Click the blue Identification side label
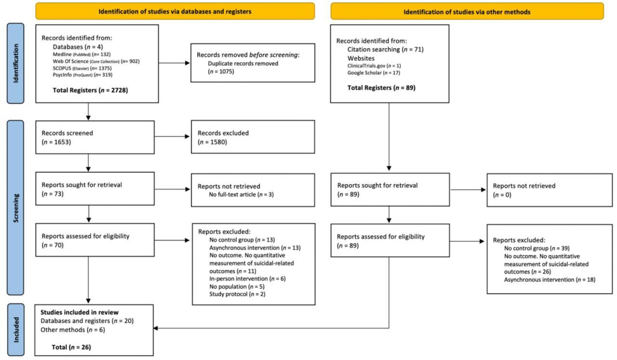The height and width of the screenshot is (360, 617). tap(15, 63)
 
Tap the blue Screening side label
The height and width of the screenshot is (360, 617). tap(15, 208)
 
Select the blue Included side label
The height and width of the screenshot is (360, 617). tap(16, 330)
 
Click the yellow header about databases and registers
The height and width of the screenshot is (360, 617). tap(175, 11)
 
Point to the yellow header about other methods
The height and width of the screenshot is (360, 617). tap(467, 12)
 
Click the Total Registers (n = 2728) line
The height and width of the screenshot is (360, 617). tap(90, 90)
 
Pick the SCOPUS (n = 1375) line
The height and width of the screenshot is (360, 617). tap(82, 68)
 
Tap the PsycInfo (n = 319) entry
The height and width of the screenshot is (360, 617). tap(82, 75)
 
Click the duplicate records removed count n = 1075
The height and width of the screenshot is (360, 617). tap(221, 72)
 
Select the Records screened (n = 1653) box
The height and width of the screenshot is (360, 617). tap(95, 137)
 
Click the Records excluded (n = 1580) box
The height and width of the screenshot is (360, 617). tap(253, 137)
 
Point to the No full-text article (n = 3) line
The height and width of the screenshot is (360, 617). tap(241, 195)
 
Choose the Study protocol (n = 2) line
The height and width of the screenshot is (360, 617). tap(238, 294)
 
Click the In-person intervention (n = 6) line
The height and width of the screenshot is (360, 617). tap(247, 279)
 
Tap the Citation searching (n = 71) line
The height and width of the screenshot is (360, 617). tap(385, 49)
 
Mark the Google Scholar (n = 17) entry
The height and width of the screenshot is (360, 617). tap(374, 73)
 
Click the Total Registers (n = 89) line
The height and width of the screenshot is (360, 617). tap(381, 88)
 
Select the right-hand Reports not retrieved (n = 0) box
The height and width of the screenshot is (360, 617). tap(550, 190)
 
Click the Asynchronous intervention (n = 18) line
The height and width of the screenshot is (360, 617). tap(550, 280)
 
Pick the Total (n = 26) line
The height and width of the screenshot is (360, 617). tap(71, 347)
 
